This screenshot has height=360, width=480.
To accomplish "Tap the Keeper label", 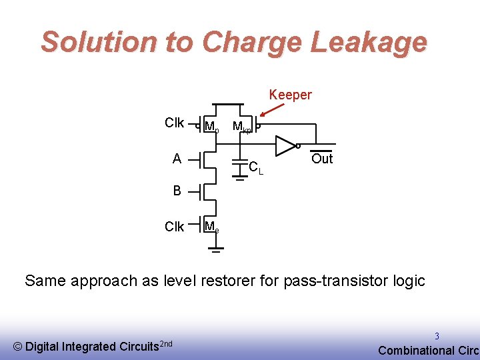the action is tap(290, 95).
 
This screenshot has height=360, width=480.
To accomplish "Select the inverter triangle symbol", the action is tap(285, 144).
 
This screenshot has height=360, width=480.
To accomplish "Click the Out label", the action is tap(322, 159).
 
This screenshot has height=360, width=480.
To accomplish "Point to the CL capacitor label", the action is tap(255, 167).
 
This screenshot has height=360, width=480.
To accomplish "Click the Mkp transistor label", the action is tap(241, 126).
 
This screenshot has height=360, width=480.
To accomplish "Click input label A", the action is tap(177, 159).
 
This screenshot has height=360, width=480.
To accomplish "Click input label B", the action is tap(177, 191).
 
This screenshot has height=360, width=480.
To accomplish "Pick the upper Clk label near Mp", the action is tap(174, 123).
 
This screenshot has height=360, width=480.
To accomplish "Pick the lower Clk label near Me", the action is tap(174, 227).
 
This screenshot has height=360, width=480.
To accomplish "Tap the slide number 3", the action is tap(437, 337).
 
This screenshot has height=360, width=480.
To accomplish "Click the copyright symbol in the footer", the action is tap(18, 347).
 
